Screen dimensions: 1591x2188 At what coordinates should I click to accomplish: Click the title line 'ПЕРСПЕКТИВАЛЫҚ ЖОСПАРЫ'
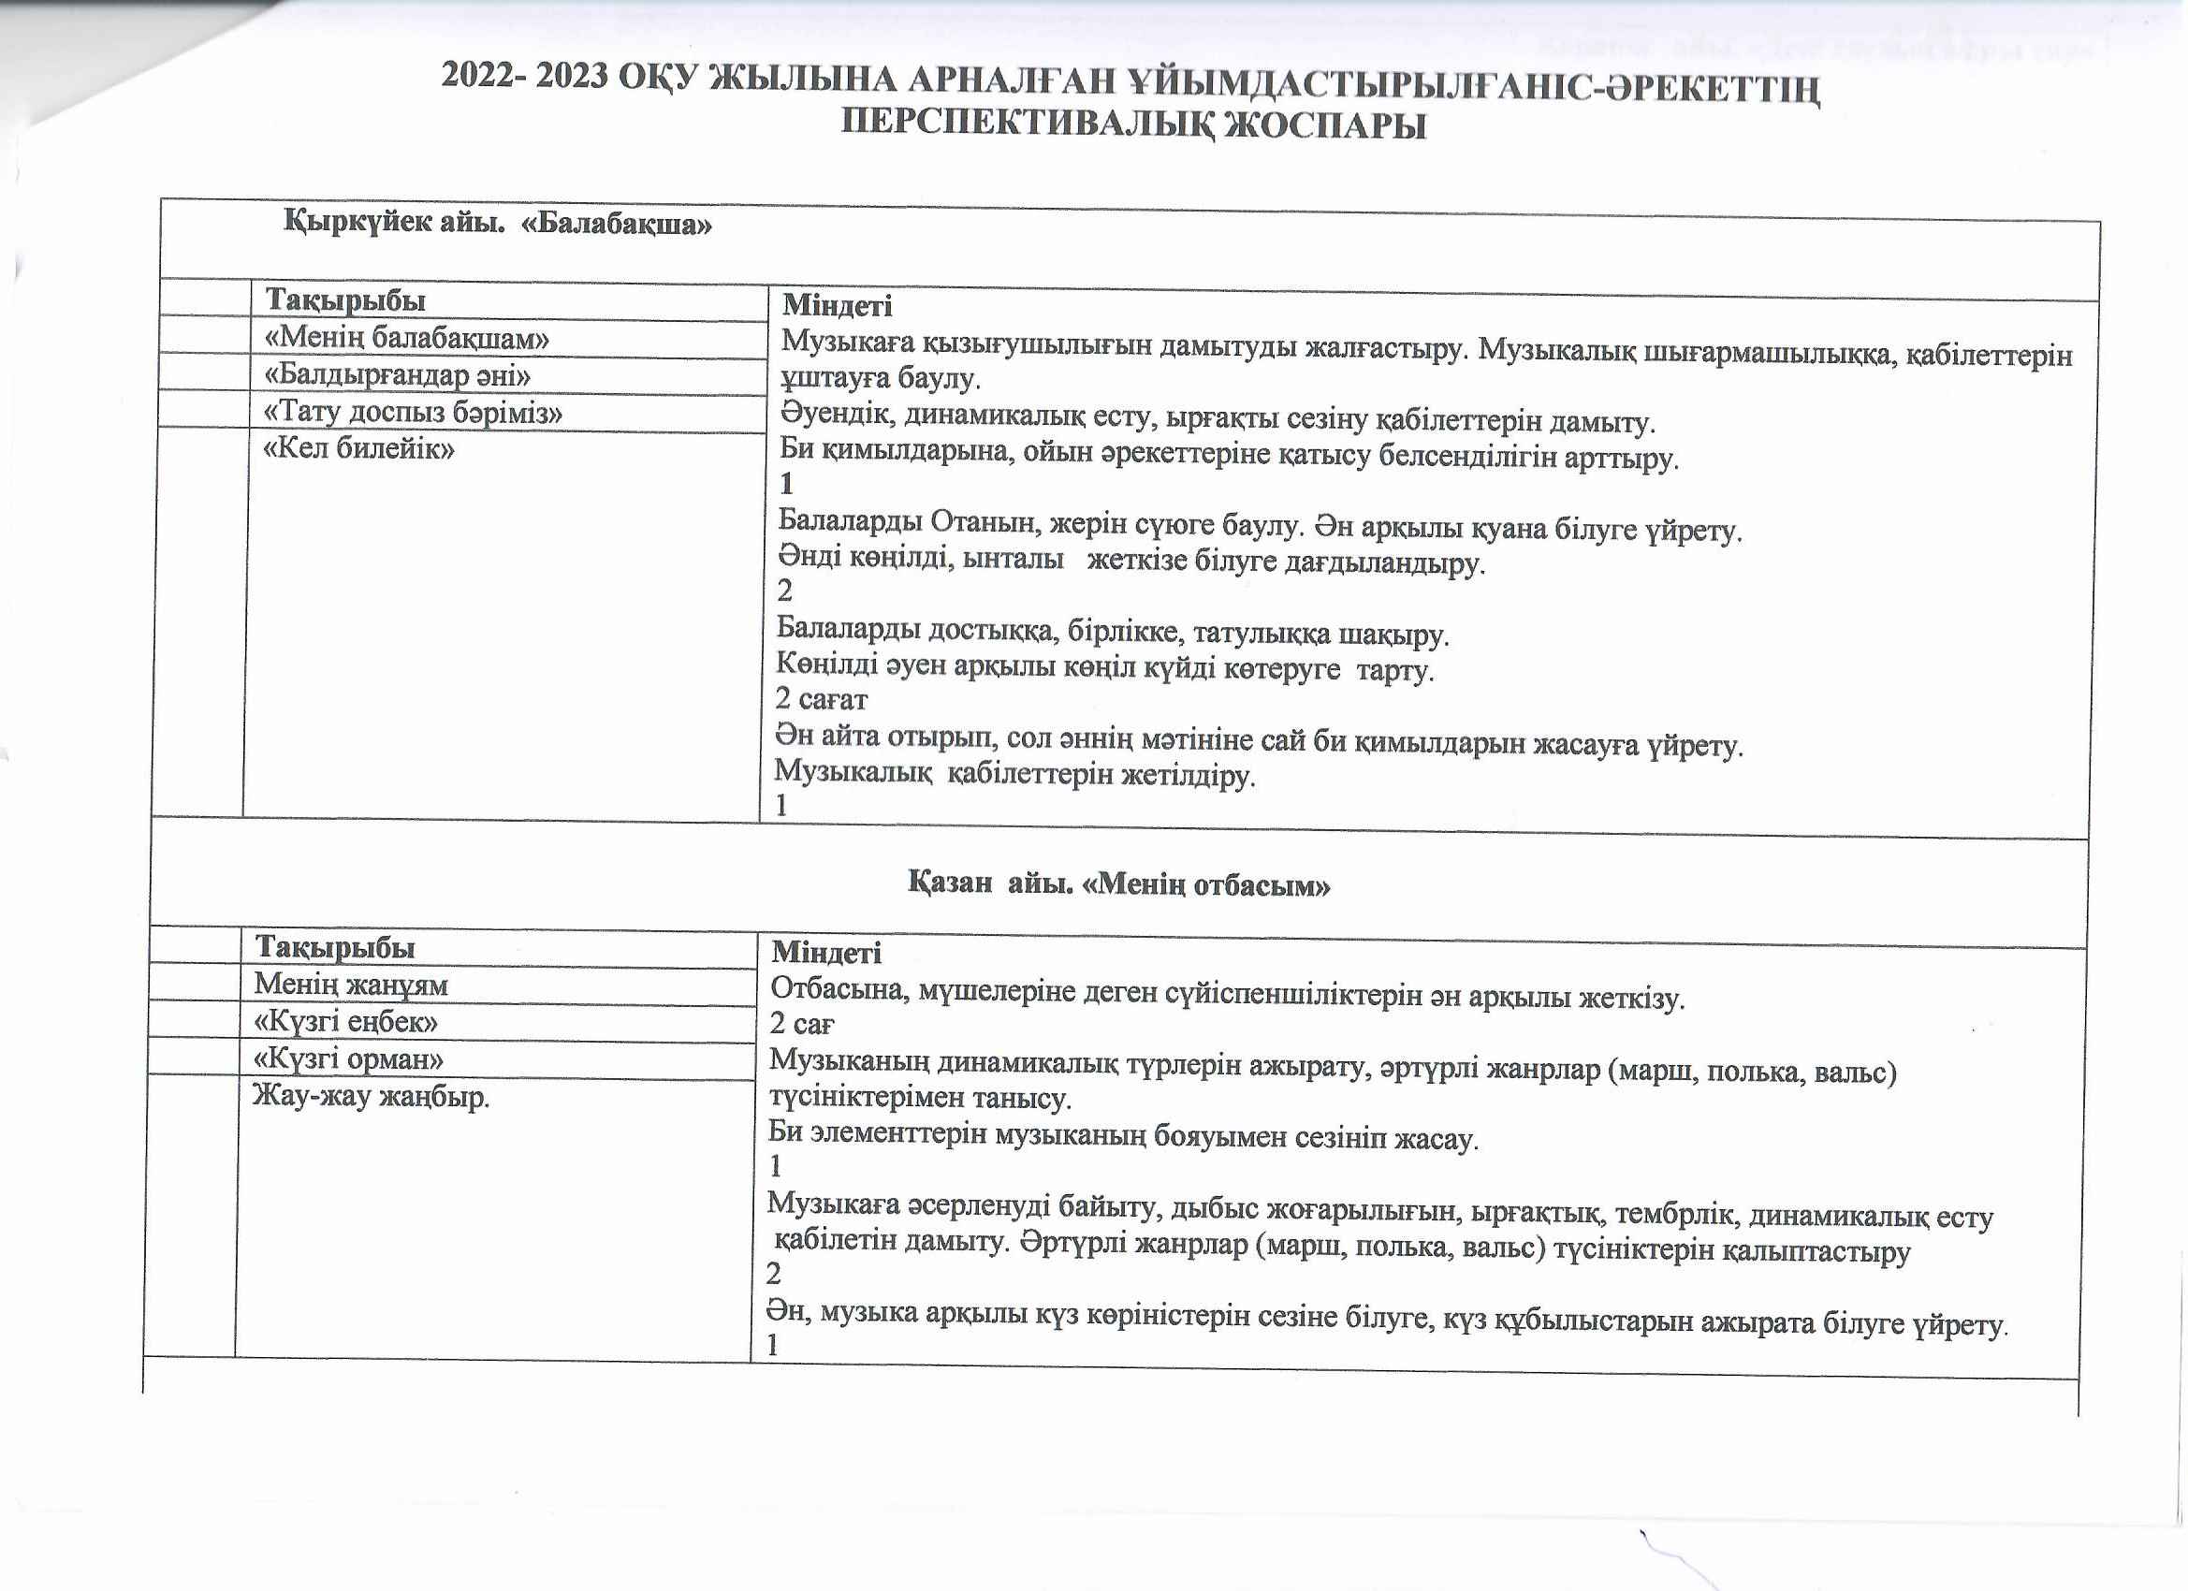point(1132,125)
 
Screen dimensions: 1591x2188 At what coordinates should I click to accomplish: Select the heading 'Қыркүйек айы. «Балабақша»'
point(498,224)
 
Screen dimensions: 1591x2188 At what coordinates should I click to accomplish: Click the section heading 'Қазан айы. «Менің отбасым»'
point(1119,883)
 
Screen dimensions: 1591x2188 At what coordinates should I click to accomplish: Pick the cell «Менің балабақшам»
point(407,339)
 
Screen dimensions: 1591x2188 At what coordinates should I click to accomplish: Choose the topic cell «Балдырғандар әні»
point(398,374)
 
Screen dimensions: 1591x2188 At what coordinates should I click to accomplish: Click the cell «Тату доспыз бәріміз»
point(413,412)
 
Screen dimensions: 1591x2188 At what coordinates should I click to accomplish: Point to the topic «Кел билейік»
point(358,448)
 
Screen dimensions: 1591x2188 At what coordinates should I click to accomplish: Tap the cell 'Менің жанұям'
point(351,985)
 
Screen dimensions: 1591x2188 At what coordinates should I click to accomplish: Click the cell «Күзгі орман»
point(348,1059)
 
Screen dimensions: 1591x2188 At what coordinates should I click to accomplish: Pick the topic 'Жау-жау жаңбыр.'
point(372,1097)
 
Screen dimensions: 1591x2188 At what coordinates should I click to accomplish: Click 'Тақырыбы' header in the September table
point(345,300)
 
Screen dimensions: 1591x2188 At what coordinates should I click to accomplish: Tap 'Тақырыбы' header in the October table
point(335,947)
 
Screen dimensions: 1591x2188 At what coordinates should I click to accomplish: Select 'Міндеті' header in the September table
point(837,306)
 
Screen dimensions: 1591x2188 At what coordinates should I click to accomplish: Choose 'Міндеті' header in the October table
point(825,954)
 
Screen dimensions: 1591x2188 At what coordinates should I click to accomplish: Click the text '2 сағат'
point(821,698)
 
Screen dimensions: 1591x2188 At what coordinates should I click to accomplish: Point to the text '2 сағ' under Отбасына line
point(802,1024)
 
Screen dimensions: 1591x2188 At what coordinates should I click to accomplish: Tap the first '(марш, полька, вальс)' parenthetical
point(1751,1073)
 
